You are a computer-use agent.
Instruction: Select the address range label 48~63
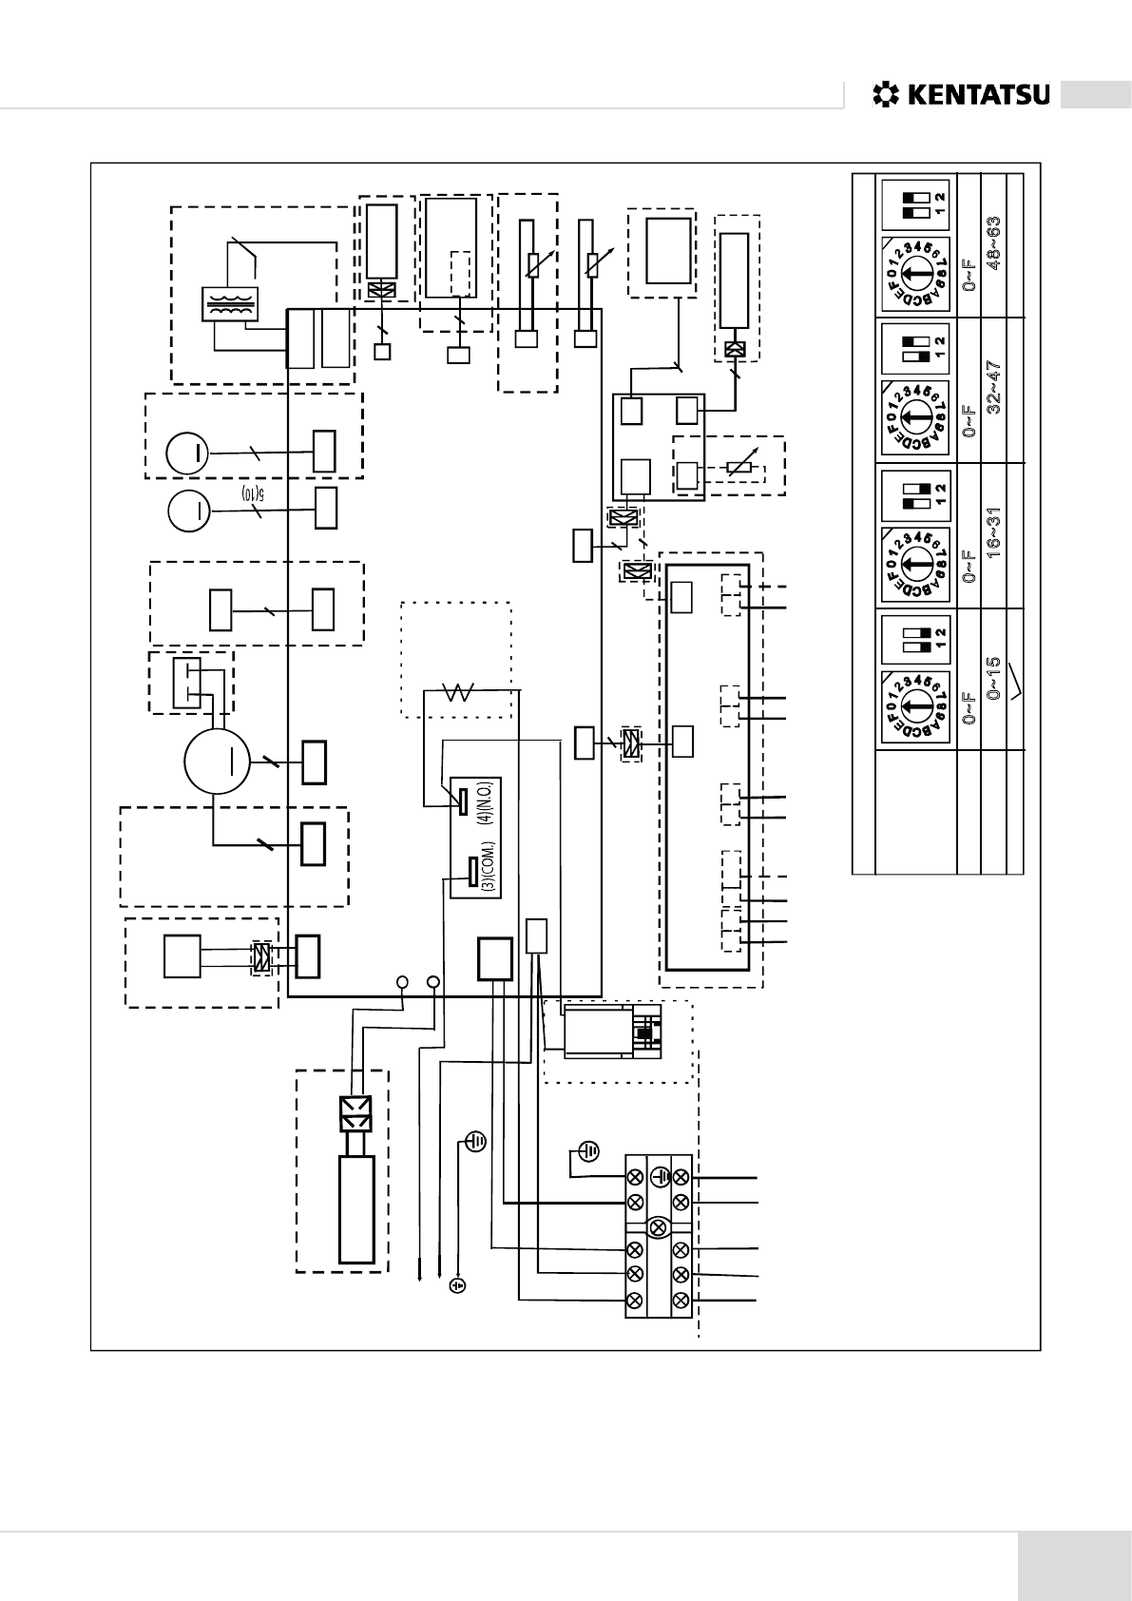[x=994, y=242]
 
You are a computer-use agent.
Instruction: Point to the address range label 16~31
[x=994, y=538]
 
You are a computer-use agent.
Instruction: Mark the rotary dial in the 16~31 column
[x=914, y=560]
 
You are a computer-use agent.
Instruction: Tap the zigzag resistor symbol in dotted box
[x=459, y=693]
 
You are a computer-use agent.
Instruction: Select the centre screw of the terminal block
[x=657, y=1226]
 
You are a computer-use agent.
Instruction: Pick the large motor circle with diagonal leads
[x=216, y=761]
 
